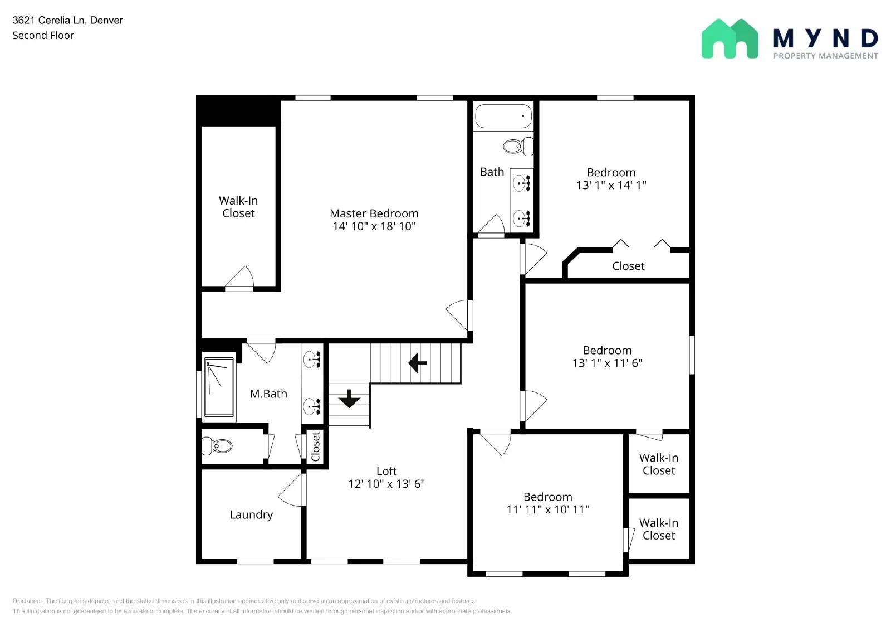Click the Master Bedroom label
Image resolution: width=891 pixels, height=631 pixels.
tap(374, 213)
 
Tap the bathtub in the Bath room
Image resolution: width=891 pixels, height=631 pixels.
tap(503, 117)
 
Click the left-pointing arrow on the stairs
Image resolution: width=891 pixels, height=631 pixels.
tap(417, 363)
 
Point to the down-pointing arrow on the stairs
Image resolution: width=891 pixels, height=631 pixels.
tap(349, 398)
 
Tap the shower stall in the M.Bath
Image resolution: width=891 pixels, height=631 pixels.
tap(219, 386)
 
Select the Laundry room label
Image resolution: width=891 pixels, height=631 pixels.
tap(251, 514)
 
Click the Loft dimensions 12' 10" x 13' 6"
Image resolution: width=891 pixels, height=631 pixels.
tap(386, 484)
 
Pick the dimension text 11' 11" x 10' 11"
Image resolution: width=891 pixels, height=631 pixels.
tap(547, 509)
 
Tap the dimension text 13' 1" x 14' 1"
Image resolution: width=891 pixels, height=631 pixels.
tap(611, 185)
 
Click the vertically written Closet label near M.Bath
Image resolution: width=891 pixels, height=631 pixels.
tap(315, 446)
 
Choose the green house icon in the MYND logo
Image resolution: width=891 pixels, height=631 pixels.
tap(730, 39)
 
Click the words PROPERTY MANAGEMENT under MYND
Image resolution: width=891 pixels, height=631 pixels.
tap(825, 56)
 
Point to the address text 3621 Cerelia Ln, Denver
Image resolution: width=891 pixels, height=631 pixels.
tap(67, 20)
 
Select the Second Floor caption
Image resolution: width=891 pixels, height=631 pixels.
tap(43, 36)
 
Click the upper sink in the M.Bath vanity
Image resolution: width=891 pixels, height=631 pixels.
tap(311, 360)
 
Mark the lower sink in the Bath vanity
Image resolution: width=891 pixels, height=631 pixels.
tap(521, 218)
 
